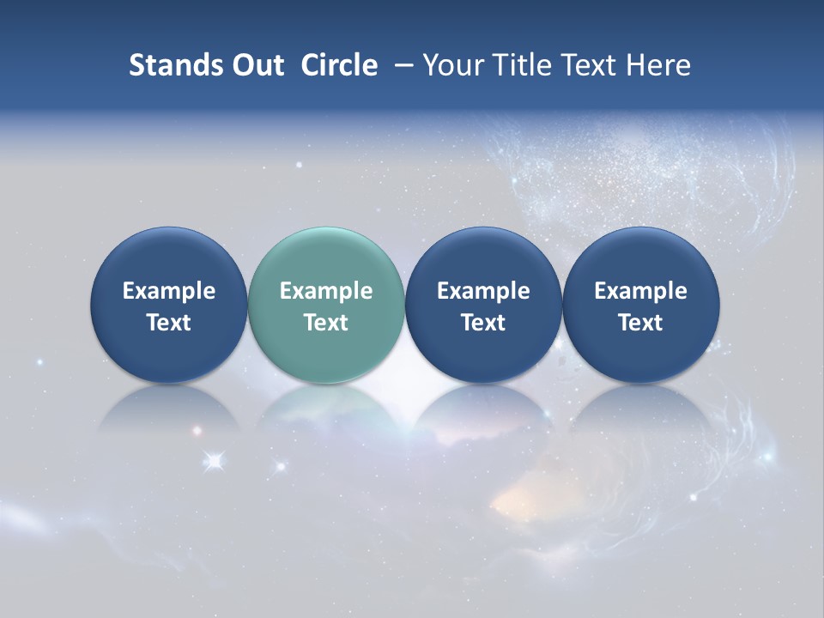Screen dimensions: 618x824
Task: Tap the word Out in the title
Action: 255,65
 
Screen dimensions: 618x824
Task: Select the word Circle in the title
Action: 339,65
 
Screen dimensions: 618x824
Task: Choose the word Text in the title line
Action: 584,65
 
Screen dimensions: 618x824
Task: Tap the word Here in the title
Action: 657,65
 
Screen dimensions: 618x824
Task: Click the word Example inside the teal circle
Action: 326,291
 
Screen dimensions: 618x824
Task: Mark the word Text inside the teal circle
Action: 326,323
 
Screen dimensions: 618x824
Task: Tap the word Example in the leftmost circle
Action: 168,291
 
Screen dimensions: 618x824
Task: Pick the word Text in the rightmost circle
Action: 640,323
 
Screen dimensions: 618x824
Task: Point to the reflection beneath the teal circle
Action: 326,408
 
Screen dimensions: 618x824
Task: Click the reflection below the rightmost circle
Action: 640,408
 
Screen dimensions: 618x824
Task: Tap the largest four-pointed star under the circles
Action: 215,462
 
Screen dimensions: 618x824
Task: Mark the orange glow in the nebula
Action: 519,498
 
